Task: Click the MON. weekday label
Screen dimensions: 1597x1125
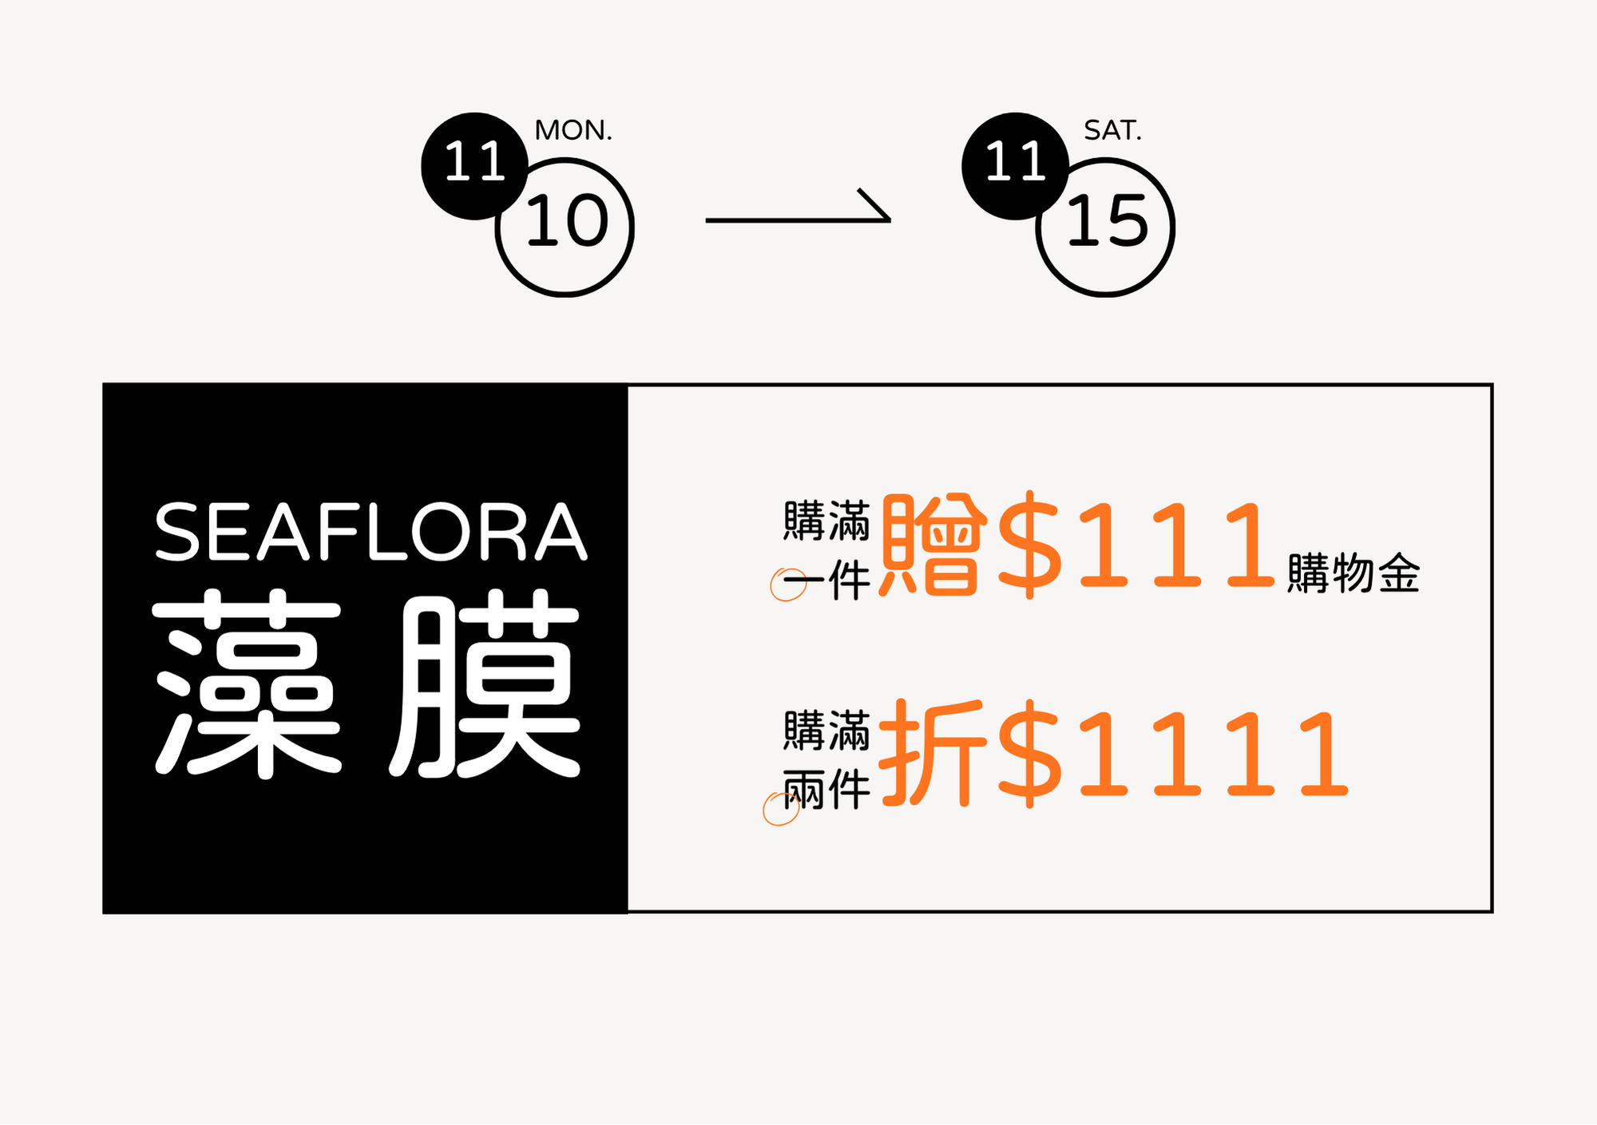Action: click(573, 130)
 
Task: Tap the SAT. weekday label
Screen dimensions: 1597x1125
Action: click(1112, 130)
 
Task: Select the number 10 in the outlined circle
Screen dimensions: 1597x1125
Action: click(567, 221)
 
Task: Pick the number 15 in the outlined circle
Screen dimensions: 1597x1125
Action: click(1108, 221)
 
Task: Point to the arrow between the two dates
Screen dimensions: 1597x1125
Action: click(798, 211)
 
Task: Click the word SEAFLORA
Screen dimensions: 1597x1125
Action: click(371, 533)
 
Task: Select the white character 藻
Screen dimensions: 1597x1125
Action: click(248, 683)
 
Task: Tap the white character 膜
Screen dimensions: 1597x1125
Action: click(485, 683)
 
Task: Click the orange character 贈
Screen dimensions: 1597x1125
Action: click(932, 545)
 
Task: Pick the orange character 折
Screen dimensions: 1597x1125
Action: click(932, 752)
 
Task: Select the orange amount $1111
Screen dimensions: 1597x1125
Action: click(1172, 752)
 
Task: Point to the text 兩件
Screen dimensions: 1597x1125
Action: click(827, 790)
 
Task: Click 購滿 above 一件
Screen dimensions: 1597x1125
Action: click(827, 521)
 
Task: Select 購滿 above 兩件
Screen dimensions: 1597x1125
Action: click(827, 731)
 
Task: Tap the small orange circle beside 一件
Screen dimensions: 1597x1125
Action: click(787, 584)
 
